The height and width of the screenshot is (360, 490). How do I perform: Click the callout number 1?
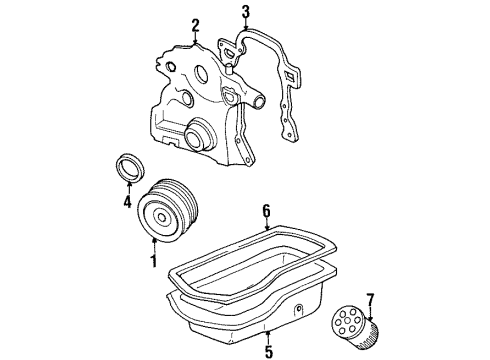tap(153, 262)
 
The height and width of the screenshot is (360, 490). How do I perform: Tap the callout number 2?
tap(195, 25)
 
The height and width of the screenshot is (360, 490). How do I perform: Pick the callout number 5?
tap(267, 350)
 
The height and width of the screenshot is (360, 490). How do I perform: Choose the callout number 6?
tap(266, 210)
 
